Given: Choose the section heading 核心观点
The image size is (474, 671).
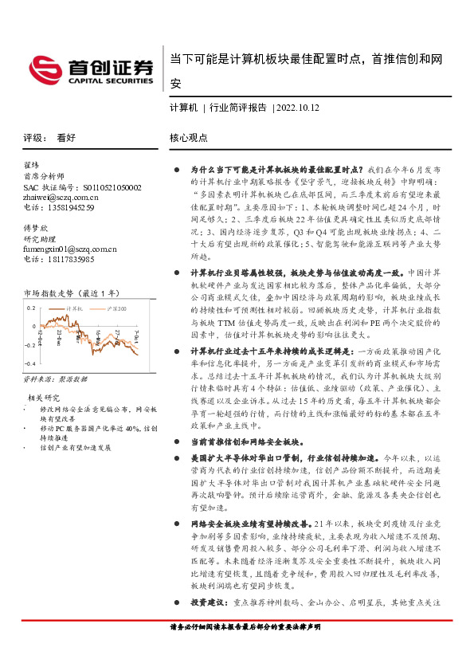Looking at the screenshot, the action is [x=189, y=138].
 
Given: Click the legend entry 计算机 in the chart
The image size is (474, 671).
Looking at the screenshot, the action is [x=75, y=307].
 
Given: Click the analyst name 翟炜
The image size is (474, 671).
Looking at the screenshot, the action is [x=33, y=166].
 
